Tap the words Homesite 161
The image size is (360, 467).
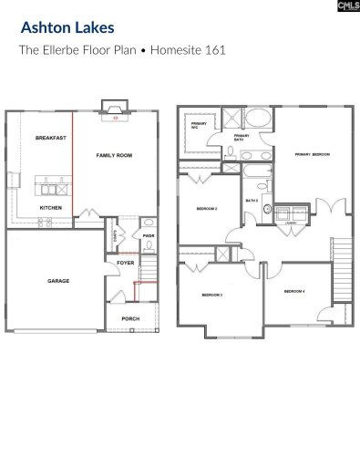(x=185, y=50)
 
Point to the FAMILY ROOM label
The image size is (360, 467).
(x=114, y=156)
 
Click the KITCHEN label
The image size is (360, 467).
(x=50, y=208)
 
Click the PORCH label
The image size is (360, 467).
(x=129, y=318)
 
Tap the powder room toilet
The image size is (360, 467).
(x=148, y=224)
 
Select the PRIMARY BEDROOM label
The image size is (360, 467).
(x=311, y=156)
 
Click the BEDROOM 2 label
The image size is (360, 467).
(x=206, y=209)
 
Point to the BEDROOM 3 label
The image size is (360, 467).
(x=211, y=296)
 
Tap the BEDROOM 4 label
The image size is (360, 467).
(x=293, y=291)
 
